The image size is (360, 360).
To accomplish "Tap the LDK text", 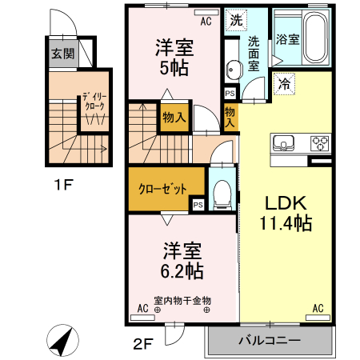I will pyautogui.click(x=280, y=202).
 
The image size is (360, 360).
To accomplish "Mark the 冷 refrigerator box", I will pyautogui.click(x=284, y=82).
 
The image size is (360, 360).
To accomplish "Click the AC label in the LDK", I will pyautogui.click(x=318, y=307).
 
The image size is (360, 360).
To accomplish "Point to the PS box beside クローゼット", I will pyautogui.click(x=198, y=204).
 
